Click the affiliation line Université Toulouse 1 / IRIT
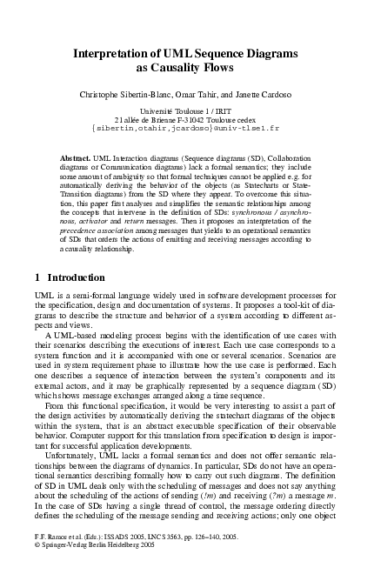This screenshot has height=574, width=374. [186, 111]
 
